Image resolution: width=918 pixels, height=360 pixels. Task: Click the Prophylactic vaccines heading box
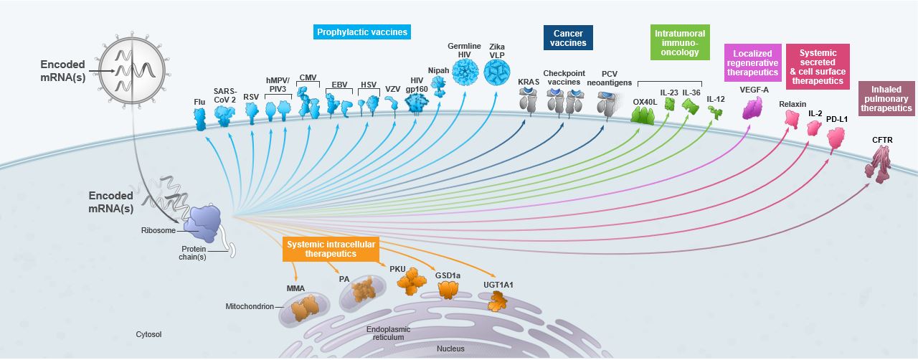click(362, 32)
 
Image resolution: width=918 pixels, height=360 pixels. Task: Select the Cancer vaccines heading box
click(568, 37)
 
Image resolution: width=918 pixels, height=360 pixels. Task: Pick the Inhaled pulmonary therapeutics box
click(887, 98)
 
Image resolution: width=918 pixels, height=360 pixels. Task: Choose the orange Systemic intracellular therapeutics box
click(330, 249)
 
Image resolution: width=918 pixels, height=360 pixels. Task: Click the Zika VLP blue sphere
click(497, 74)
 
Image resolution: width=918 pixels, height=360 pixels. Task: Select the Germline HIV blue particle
click(464, 73)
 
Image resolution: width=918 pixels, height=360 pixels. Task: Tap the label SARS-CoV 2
click(224, 95)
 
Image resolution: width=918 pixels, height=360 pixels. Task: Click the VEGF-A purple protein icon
click(753, 108)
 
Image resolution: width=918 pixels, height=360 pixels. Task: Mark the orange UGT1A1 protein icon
click(496, 300)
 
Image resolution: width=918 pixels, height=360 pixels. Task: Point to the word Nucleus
click(450, 349)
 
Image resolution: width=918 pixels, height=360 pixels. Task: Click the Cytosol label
click(148, 334)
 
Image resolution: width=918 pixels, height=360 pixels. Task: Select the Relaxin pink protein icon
click(792, 119)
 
